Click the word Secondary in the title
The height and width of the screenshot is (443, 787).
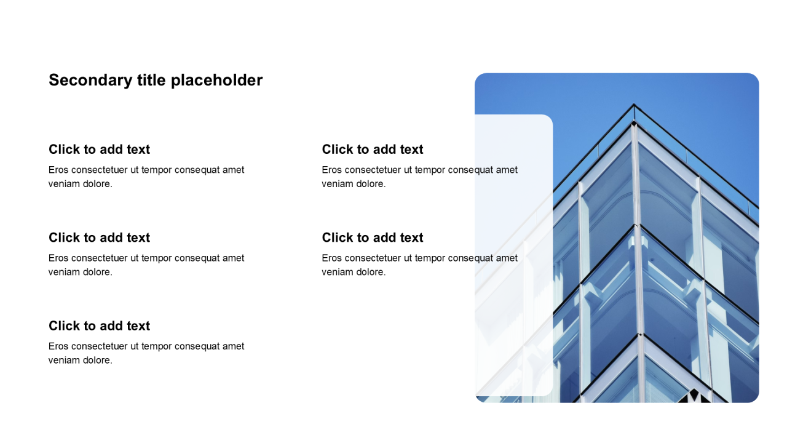[x=90, y=81]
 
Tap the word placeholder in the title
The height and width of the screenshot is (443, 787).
[x=216, y=81]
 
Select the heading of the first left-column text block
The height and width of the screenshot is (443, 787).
[x=99, y=150]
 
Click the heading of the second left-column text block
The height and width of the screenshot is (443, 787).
[x=99, y=237]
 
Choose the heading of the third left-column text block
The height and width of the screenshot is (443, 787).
[x=99, y=326]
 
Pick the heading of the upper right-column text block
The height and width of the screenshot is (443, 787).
[x=373, y=150]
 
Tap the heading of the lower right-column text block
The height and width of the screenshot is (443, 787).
[x=373, y=237]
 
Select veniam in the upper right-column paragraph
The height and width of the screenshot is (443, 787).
[x=336, y=184]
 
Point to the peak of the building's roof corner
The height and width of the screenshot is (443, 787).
[x=634, y=104]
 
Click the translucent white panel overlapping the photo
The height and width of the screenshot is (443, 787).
[x=513, y=255]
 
